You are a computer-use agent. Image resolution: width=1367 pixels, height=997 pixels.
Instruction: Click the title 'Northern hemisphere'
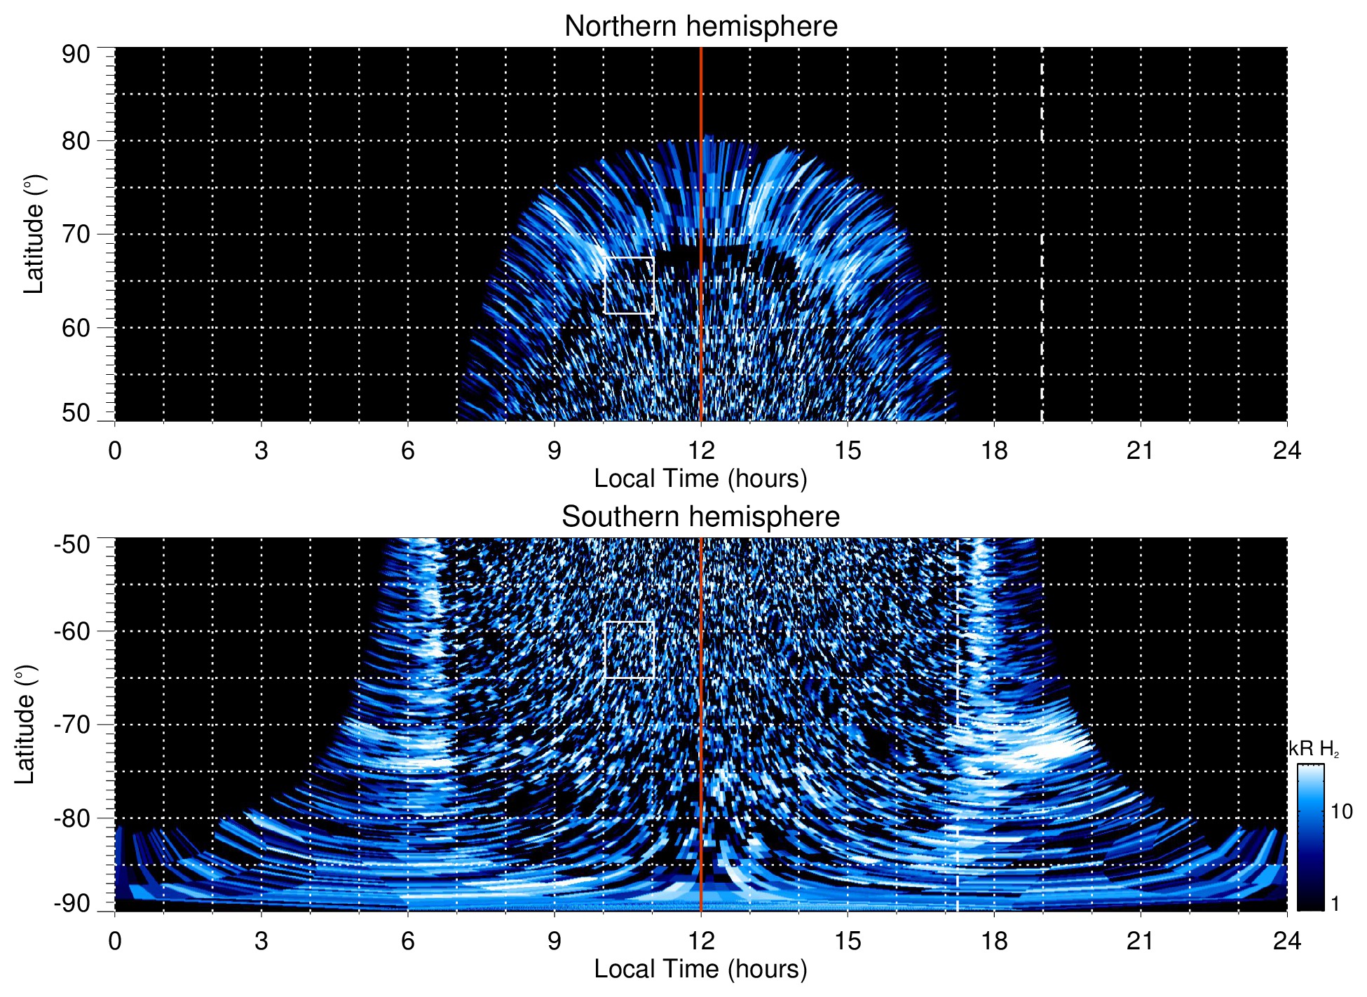click(x=700, y=27)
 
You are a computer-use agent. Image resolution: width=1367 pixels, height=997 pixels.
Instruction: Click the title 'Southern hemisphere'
click(x=700, y=517)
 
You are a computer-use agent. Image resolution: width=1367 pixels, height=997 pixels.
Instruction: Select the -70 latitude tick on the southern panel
click(x=72, y=724)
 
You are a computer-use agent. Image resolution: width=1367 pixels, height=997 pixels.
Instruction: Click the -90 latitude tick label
click(x=72, y=903)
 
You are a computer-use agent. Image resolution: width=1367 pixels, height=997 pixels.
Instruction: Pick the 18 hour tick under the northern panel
click(x=993, y=451)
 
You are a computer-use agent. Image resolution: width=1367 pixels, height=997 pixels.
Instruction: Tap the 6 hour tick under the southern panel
click(x=407, y=941)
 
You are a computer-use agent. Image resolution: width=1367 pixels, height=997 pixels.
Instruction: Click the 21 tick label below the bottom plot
click(x=1140, y=941)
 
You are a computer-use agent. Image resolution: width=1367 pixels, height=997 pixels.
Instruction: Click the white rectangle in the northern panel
click(x=629, y=285)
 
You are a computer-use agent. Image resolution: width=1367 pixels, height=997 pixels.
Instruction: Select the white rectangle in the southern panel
click(x=629, y=649)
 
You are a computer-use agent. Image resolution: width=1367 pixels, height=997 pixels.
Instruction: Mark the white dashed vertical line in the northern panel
click(x=1042, y=234)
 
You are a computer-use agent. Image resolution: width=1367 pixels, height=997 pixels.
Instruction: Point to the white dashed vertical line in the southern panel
click(x=958, y=724)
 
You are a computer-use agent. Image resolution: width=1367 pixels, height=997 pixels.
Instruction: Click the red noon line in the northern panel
click(x=701, y=234)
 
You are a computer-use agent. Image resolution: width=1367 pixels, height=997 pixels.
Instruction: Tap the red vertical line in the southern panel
click(x=701, y=724)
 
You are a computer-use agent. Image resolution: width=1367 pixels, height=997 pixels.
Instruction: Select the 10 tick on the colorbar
click(x=1341, y=812)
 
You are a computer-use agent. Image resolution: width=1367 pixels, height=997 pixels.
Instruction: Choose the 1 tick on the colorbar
click(x=1335, y=904)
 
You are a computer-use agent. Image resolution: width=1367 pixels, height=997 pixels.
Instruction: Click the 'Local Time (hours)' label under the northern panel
click(x=700, y=479)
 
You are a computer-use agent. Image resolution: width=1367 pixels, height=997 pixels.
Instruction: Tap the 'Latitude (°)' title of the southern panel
click(x=25, y=724)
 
